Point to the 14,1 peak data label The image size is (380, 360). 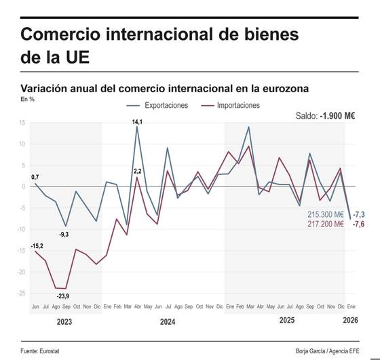click(x=137, y=121)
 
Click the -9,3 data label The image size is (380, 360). click(x=64, y=234)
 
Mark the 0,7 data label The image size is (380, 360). click(x=35, y=177)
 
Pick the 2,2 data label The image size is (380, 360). click(x=138, y=172)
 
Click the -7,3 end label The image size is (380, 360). click(x=359, y=215)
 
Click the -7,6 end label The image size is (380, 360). click(x=359, y=224)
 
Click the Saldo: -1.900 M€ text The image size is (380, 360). click(x=326, y=116)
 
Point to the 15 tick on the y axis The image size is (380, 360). click(x=22, y=123)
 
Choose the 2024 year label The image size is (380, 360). click(x=167, y=322)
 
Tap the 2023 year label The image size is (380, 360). click(x=64, y=322)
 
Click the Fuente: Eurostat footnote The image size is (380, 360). click(x=45, y=351)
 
